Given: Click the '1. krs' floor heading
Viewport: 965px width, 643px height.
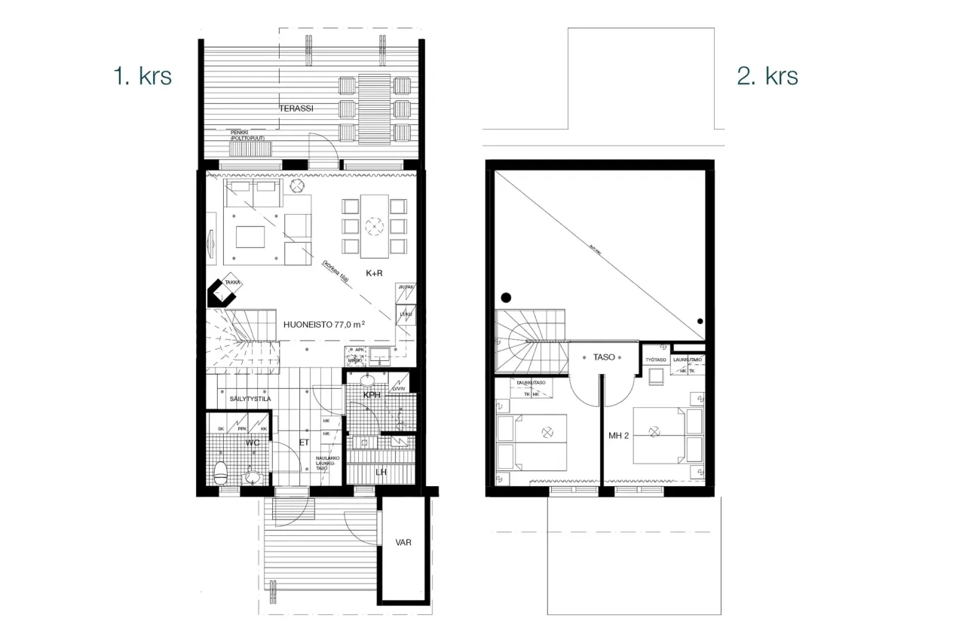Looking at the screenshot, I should pyautogui.click(x=142, y=76).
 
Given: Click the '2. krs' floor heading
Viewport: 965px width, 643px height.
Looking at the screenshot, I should pyautogui.click(x=767, y=76).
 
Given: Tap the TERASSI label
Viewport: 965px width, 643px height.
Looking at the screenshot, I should pyautogui.click(x=296, y=109).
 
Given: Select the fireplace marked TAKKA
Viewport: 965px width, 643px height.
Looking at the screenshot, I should pyautogui.click(x=225, y=290).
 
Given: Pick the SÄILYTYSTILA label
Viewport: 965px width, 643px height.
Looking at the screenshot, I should pyautogui.click(x=245, y=399).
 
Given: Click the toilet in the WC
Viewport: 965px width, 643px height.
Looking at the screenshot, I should pyautogui.click(x=221, y=472).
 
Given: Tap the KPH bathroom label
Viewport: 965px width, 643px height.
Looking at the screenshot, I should pyautogui.click(x=372, y=396).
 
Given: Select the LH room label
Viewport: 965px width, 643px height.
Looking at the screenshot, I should pyautogui.click(x=381, y=472).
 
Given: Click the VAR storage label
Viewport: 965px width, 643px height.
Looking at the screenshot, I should pyautogui.click(x=403, y=542).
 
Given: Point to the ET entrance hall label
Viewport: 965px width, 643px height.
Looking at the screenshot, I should pyautogui.click(x=305, y=443).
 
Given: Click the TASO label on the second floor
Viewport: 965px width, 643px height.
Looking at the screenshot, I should pyautogui.click(x=604, y=357).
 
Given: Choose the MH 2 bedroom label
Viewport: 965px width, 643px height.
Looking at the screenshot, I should pyautogui.click(x=619, y=435).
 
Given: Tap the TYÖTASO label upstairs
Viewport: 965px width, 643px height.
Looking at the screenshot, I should pyautogui.click(x=654, y=360).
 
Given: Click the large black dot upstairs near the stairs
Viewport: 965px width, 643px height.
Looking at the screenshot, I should pyautogui.click(x=507, y=296).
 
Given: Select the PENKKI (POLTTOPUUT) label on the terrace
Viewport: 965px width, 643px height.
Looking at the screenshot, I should pyautogui.click(x=253, y=134).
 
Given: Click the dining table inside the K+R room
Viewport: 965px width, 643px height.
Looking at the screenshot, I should pyautogui.click(x=375, y=225).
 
